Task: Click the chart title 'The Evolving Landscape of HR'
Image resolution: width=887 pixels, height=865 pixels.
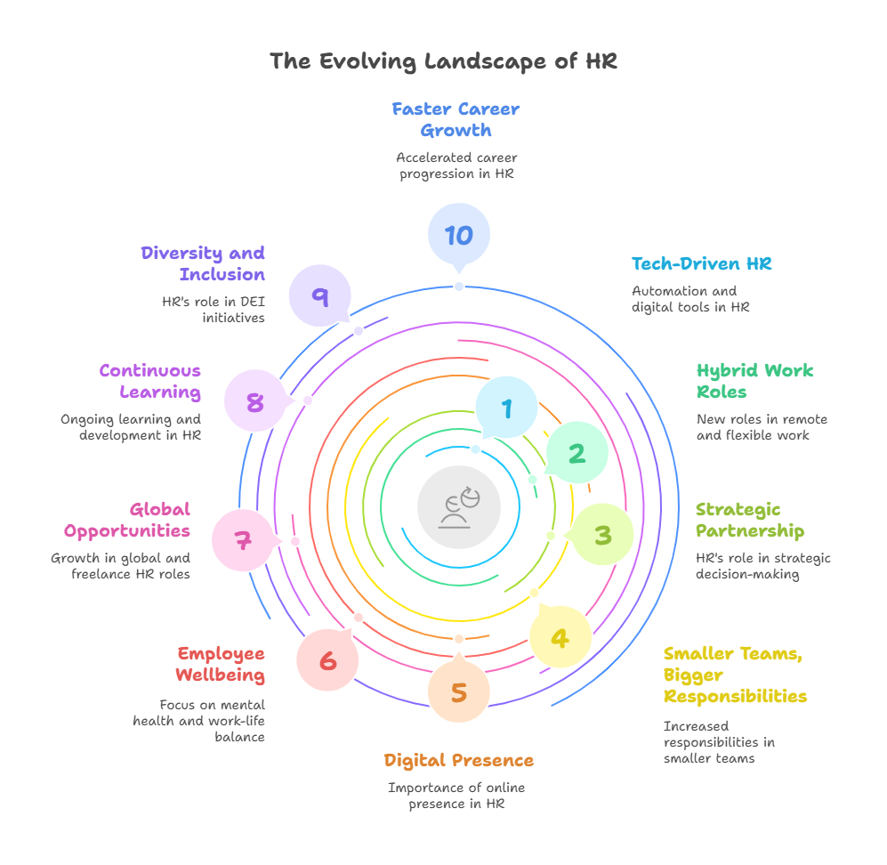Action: tap(443, 61)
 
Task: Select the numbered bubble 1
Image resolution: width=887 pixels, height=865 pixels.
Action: tap(506, 408)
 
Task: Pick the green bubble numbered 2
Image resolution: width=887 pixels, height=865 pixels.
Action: tap(577, 454)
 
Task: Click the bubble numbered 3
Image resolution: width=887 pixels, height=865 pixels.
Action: tap(602, 535)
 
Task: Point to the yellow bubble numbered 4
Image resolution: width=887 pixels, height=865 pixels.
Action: tap(560, 637)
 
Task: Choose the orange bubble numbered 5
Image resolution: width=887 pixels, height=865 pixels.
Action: tap(459, 692)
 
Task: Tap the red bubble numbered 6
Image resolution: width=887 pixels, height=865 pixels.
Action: tap(328, 661)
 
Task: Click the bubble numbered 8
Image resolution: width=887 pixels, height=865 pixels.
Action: tap(255, 402)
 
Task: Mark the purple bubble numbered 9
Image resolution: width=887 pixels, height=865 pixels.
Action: tap(319, 296)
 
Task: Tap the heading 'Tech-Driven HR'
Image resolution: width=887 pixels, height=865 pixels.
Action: tap(701, 263)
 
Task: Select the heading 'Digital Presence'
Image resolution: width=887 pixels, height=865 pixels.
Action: tap(459, 760)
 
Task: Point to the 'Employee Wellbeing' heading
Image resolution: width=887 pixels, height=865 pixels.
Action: tap(221, 664)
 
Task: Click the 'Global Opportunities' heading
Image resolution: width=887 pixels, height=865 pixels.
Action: tap(127, 520)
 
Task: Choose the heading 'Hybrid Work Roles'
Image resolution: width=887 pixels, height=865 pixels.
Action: tap(754, 381)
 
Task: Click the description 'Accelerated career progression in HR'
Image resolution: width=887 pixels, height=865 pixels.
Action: tap(456, 166)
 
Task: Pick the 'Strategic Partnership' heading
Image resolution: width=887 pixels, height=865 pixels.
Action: tap(749, 520)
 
